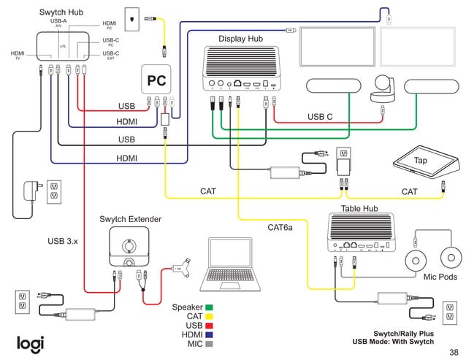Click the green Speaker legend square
pos(209,307)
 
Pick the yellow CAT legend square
pos(209,316)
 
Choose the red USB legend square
pos(209,326)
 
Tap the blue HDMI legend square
pos(209,334)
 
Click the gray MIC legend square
pos(209,344)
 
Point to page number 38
pos(454,351)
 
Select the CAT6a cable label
pos(280,228)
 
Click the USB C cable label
pos(320,117)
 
